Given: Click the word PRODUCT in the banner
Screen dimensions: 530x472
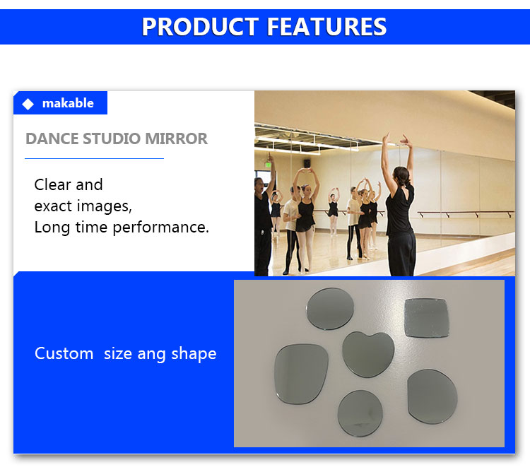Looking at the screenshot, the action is tap(200, 27).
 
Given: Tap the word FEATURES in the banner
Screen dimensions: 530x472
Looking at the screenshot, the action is tap(327, 27).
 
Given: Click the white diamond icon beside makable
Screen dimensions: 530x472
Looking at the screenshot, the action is tap(28, 104).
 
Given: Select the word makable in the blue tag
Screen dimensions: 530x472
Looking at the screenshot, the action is tap(68, 103).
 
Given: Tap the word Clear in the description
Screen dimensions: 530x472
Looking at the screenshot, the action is tap(52, 184).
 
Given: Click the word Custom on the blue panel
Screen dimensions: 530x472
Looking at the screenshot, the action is tap(64, 353).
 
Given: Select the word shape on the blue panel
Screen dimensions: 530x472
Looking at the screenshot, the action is tap(194, 355).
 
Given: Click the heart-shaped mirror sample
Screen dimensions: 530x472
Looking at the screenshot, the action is tap(368, 354).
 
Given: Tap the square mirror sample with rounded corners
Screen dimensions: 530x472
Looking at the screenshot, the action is tap(427, 317).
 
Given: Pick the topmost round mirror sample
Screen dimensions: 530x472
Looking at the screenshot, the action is tap(330, 309).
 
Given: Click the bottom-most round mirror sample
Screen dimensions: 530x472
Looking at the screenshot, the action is tap(360, 413).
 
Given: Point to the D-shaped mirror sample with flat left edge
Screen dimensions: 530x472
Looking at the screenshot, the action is tap(432, 396).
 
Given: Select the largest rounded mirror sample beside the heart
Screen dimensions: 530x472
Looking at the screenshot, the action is tap(301, 374).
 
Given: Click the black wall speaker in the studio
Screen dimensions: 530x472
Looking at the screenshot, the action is tap(307, 163).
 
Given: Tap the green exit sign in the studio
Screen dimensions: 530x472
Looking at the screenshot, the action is tap(268, 165).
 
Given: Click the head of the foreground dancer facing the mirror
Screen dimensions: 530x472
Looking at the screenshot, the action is tap(401, 176).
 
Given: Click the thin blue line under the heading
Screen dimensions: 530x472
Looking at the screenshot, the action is tap(94, 158).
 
